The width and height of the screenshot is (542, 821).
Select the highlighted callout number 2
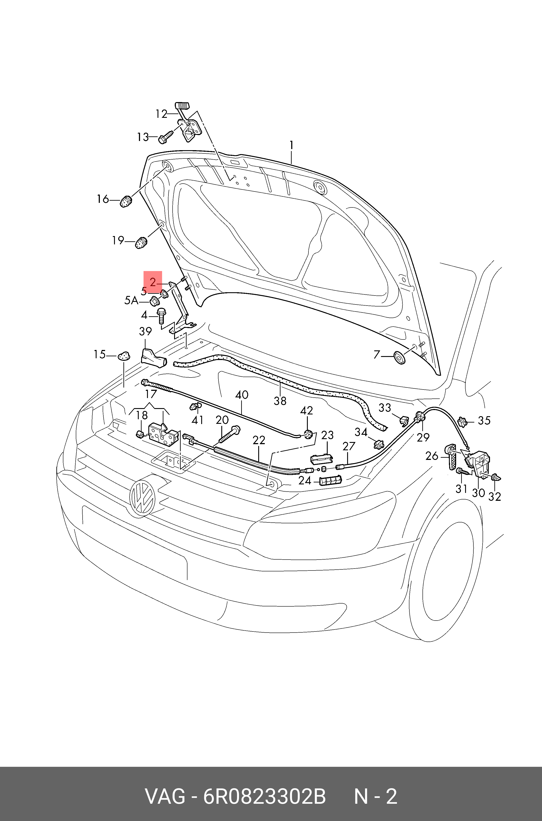click(153, 282)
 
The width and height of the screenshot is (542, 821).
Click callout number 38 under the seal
click(280, 401)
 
